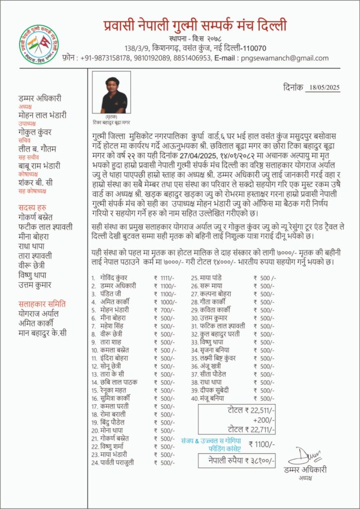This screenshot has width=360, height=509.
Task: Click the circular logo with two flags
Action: pos(39,43)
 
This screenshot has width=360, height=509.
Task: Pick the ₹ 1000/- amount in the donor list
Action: pos(166,302)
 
